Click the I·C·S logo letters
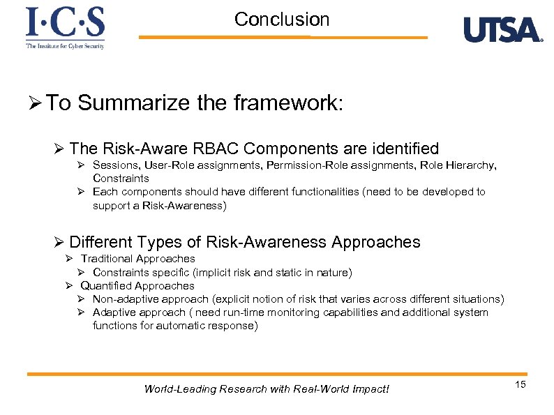[65, 23]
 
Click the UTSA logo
[502, 29]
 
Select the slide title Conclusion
[282, 20]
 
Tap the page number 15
[520, 386]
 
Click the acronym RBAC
[209, 149]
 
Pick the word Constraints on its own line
[121, 179]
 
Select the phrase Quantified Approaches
[137, 286]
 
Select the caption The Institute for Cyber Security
[65, 45]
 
